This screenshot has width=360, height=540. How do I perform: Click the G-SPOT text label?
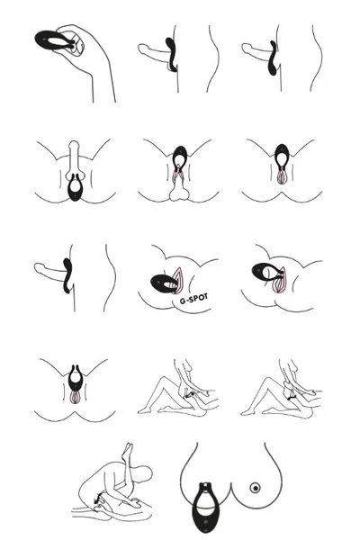[x=194, y=299]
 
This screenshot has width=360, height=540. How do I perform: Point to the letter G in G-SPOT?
[x=183, y=301]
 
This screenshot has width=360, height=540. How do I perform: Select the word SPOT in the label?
[x=198, y=298]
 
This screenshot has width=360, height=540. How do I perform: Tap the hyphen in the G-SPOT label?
[x=187, y=301]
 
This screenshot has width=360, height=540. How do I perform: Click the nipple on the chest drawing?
[x=255, y=488]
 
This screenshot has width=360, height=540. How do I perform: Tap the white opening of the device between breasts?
[x=205, y=500]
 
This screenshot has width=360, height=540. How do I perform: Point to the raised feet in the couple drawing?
[x=128, y=451]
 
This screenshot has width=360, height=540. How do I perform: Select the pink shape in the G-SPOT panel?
[x=178, y=280]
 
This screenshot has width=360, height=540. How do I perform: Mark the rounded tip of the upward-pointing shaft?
[x=74, y=145]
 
